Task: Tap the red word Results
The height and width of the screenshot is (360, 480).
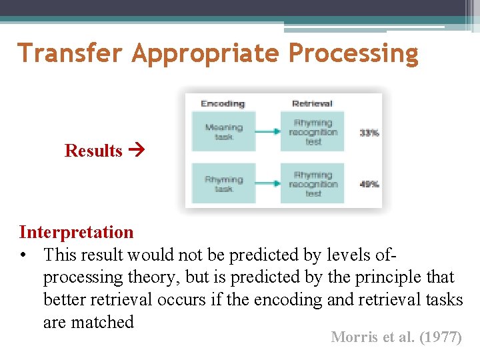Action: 93,151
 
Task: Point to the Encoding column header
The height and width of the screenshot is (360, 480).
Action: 223,103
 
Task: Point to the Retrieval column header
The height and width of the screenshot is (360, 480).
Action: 312,103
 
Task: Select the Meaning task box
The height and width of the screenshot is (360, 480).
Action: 223,132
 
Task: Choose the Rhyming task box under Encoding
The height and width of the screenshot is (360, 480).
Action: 223,183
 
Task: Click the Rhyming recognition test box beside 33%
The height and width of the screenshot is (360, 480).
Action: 313,132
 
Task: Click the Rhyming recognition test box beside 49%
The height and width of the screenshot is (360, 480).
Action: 313,183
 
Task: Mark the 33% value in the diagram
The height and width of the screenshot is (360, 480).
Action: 369,133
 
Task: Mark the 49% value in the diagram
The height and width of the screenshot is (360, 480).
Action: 369,184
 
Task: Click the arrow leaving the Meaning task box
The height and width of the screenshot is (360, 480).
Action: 267,132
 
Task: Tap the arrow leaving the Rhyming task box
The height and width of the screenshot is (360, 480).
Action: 267,183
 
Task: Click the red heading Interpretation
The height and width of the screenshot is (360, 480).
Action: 77,232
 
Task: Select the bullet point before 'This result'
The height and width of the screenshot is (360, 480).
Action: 24,255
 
